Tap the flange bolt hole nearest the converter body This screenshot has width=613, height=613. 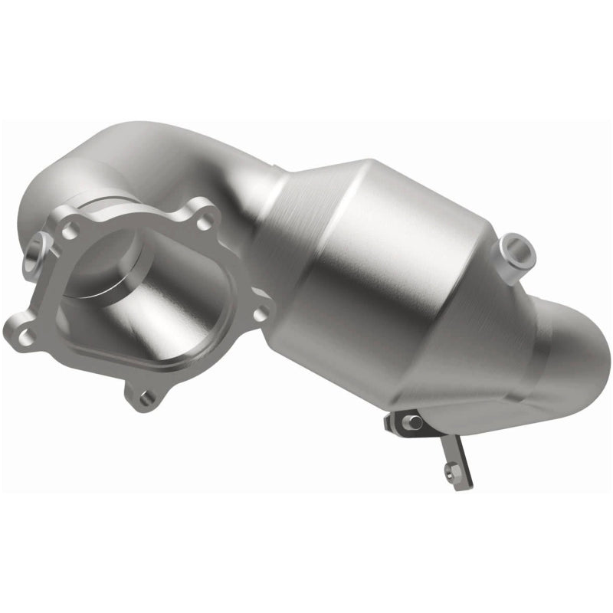pyautogui.click(x=259, y=313)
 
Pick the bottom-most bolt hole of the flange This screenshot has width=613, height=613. pyautogui.click(x=145, y=395)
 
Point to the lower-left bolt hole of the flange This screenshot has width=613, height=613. pyautogui.click(x=23, y=334)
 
